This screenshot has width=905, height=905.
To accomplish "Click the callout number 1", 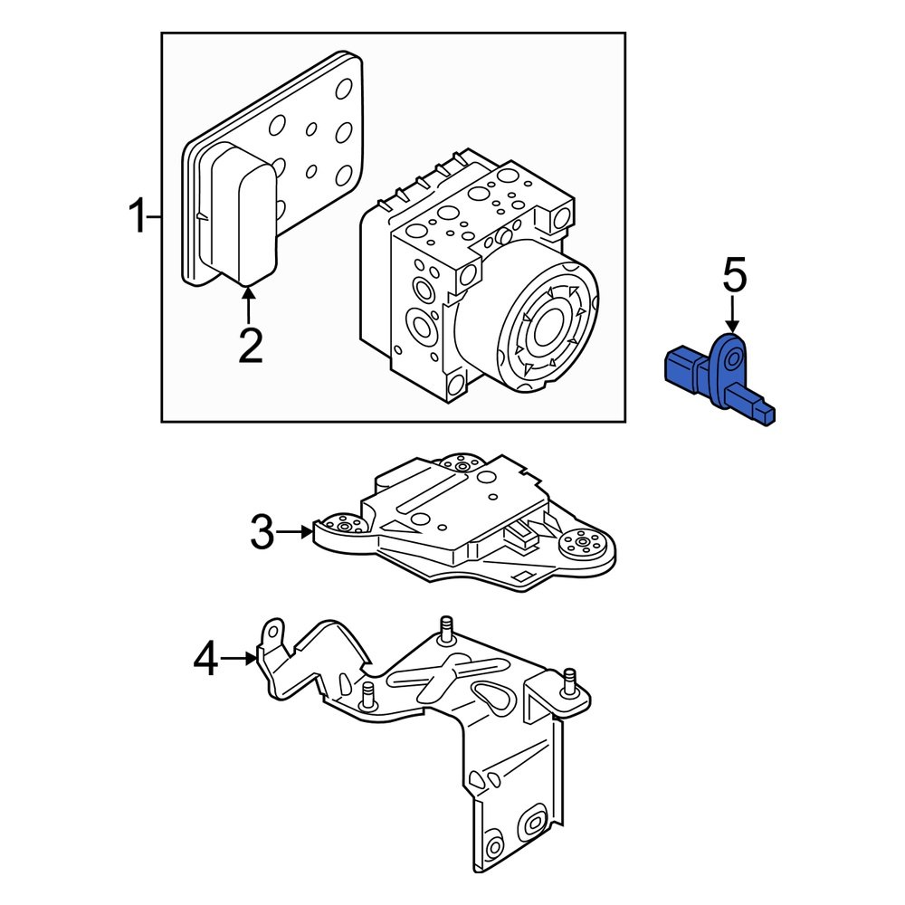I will tap(137, 218).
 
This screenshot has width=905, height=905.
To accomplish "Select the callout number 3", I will tap(262, 533).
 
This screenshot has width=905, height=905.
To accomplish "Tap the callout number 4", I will tap(206, 659).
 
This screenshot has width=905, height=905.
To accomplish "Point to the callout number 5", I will tap(734, 276).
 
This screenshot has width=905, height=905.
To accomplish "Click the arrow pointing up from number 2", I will tap(250, 303).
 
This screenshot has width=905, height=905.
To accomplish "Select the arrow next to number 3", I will tap(295, 533).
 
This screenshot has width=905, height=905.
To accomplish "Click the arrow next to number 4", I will tap(241, 659).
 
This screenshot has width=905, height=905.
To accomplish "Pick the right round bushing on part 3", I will tap(585, 545).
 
